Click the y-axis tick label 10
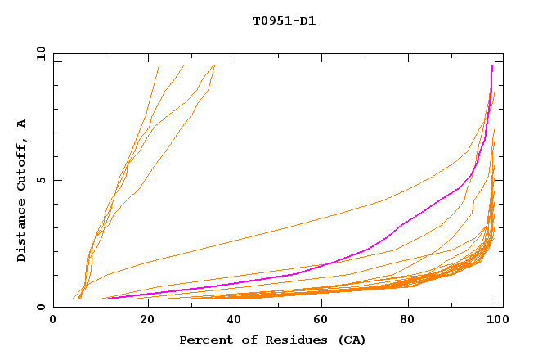click(41, 54)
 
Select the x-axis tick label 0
click(53, 322)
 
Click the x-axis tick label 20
click(142, 322)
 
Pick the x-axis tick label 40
click(231, 322)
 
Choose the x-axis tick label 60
click(319, 322)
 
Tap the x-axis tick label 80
click(407, 322)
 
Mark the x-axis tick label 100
click(495, 322)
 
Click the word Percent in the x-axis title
click(205, 340)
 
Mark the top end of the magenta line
click(492, 66)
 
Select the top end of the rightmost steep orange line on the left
click(214, 65)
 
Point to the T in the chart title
click(257, 21)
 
